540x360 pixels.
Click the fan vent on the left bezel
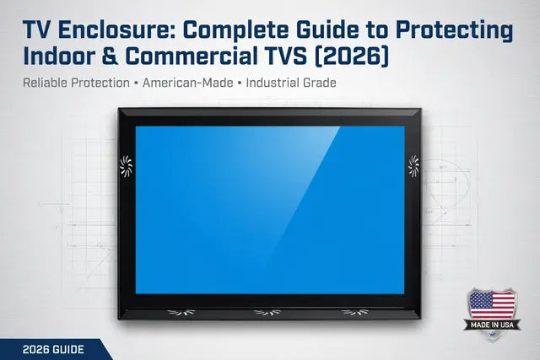[127, 166]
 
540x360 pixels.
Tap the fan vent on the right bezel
[413, 166]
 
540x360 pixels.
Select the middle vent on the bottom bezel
[267, 313]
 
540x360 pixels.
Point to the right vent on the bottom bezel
[355, 313]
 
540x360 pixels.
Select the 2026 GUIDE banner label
[48, 350]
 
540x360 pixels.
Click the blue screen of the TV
[268, 211]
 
